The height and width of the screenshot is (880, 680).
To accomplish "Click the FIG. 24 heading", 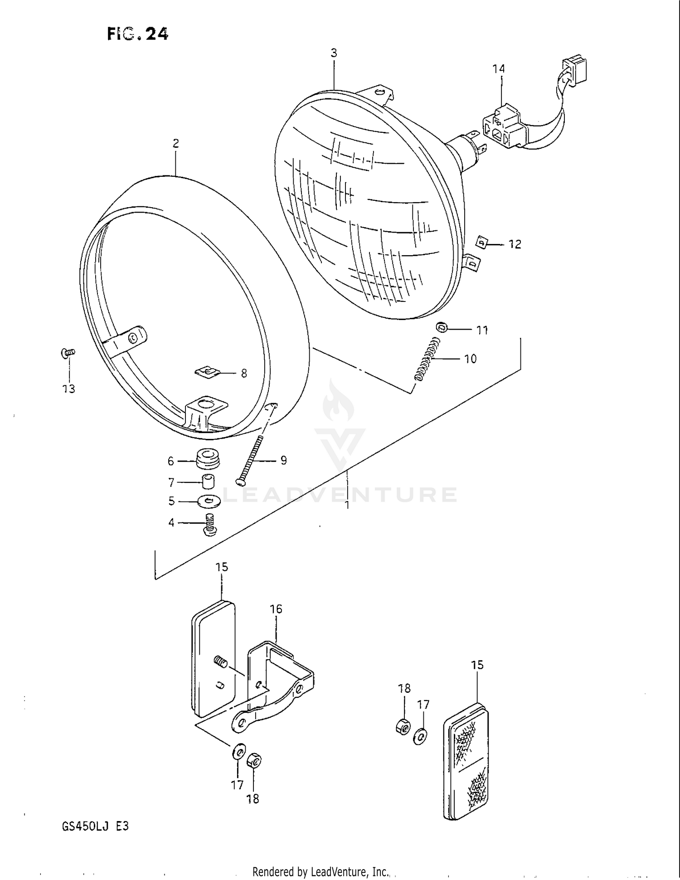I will [x=137, y=34].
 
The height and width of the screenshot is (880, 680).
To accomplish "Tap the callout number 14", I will [x=498, y=69].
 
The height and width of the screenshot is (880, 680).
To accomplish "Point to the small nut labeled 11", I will [x=442, y=327].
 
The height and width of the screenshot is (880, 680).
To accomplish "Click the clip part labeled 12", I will [x=484, y=244].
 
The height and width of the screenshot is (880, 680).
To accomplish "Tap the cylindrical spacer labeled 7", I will [x=209, y=481].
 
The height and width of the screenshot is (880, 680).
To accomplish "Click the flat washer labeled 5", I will [x=209, y=501].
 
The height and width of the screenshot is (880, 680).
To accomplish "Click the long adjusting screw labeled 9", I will [x=252, y=459].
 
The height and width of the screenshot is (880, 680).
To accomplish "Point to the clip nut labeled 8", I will [x=208, y=372].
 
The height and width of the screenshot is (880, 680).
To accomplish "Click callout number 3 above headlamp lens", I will [x=334, y=53].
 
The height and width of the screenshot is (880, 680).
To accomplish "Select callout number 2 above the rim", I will [x=176, y=144].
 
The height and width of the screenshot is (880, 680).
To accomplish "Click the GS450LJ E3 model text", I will [x=95, y=826].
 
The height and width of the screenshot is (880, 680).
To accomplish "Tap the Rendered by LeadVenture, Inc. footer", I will [x=320, y=871].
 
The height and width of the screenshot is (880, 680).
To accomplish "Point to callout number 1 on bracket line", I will [x=347, y=505].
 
